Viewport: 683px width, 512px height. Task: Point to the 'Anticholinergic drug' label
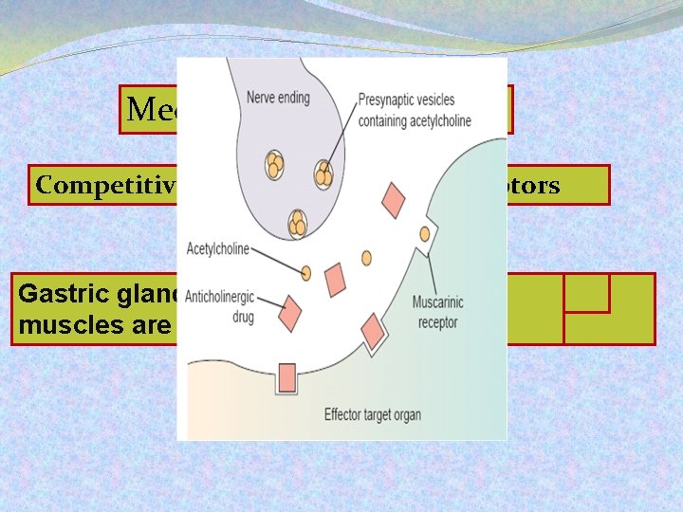[225, 305]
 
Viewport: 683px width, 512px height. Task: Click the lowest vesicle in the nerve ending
[298, 224]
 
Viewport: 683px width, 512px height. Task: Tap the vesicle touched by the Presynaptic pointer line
[324, 174]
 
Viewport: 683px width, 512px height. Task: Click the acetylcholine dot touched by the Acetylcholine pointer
[306, 273]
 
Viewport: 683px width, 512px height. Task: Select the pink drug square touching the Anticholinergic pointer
[289, 310]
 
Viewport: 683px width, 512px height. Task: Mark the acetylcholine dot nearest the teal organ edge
[367, 257]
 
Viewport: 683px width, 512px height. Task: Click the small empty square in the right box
[586, 293]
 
